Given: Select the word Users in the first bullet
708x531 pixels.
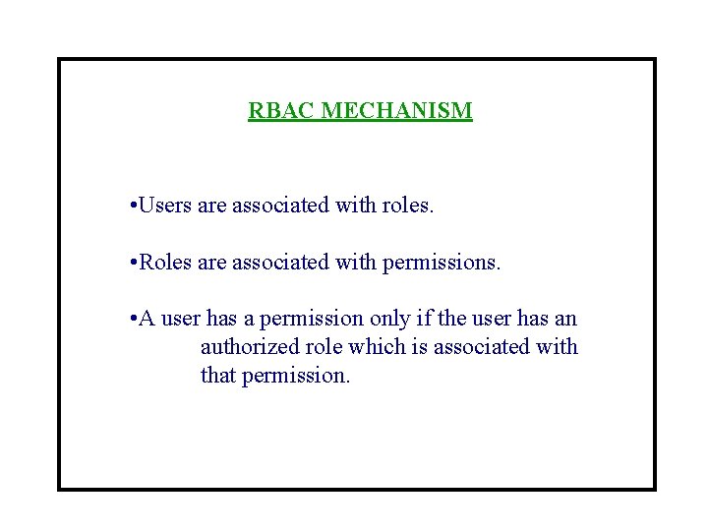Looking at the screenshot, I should (166, 206).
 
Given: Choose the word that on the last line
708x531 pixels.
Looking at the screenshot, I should (216, 376).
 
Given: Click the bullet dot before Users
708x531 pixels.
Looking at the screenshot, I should (133, 207).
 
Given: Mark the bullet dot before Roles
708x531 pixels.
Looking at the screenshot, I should (133, 265).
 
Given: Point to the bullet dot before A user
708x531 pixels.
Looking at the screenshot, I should (133, 321).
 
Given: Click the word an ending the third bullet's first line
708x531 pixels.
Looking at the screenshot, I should (567, 320).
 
